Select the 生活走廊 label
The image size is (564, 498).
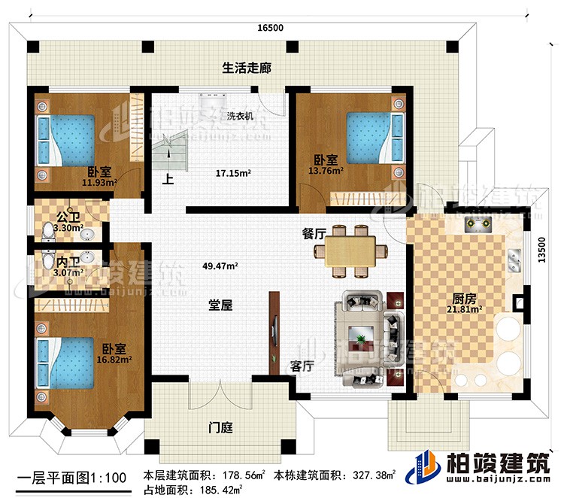246,68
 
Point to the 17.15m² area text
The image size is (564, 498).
233,172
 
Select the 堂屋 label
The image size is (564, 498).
220,306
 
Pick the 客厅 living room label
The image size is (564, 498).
302,366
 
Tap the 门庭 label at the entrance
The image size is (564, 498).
221,427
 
